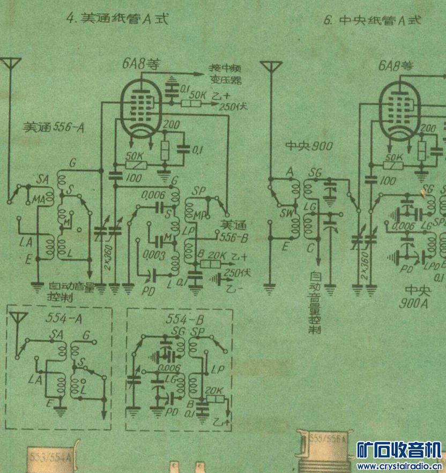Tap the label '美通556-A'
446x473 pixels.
(55, 128)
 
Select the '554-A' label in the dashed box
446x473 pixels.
(60, 320)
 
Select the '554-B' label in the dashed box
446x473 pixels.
(179, 320)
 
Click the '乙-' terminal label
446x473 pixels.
(237, 290)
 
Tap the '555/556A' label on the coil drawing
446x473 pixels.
(328, 439)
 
